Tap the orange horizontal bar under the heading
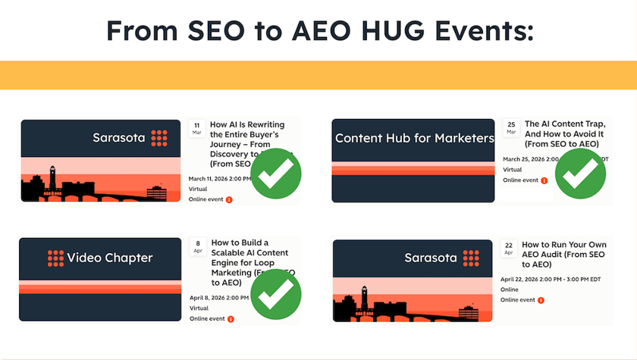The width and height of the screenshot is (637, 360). (x=318, y=75)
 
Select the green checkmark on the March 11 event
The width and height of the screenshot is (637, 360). (x=276, y=174)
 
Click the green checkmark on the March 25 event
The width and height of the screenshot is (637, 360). (x=580, y=174)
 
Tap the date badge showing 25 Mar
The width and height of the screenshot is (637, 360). (x=511, y=127)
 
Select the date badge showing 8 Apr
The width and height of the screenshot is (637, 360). (x=197, y=247)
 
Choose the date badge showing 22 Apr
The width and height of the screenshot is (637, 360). (x=510, y=248)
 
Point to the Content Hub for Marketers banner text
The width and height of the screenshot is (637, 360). (x=414, y=138)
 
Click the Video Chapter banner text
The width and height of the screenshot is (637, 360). (x=110, y=258)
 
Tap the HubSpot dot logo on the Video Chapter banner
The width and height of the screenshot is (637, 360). (x=55, y=258)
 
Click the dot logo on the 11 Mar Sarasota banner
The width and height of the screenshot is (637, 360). (x=158, y=138)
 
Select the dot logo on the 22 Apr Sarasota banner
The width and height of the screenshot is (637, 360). (x=472, y=258)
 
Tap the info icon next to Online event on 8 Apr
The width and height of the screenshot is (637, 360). (x=231, y=319)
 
